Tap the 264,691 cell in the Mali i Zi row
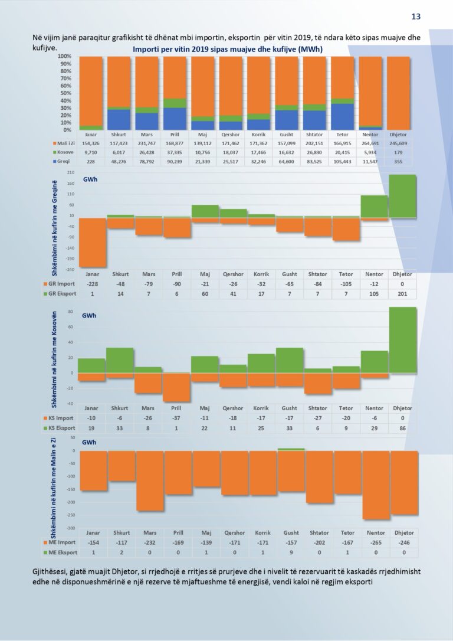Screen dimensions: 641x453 [x=374, y=143]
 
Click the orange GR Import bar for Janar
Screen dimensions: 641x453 [x=93, y=242]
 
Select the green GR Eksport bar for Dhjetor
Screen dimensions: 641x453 [x=402, y=197]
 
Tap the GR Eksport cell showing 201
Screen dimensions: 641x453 [x=402, y=293]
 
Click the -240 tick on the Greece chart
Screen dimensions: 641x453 [x=70, y=269]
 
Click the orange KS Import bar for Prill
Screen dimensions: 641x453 [x=177, y=387]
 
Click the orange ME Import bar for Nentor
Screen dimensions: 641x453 [x=374, y=485]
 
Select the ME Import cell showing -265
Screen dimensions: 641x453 [x=374, y=542]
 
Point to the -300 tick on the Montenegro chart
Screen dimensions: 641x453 [x=71, y=528]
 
